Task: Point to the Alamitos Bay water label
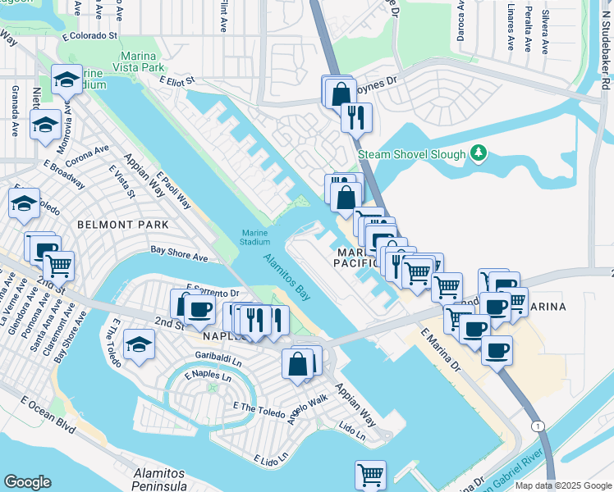pyautogui.click(x=287, y=277)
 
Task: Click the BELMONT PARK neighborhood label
pyautogui.click(x=122, y=224)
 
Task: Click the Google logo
pyautogui.click(x=27, y=482)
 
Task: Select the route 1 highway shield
pyautogui.click(x=537, y=426)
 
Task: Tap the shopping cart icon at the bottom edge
pyautogui.click(x=370, y=474)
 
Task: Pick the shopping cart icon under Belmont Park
pyautogui.click(x=58, y=265)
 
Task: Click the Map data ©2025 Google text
pyautogui.click(x=562, y=485)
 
